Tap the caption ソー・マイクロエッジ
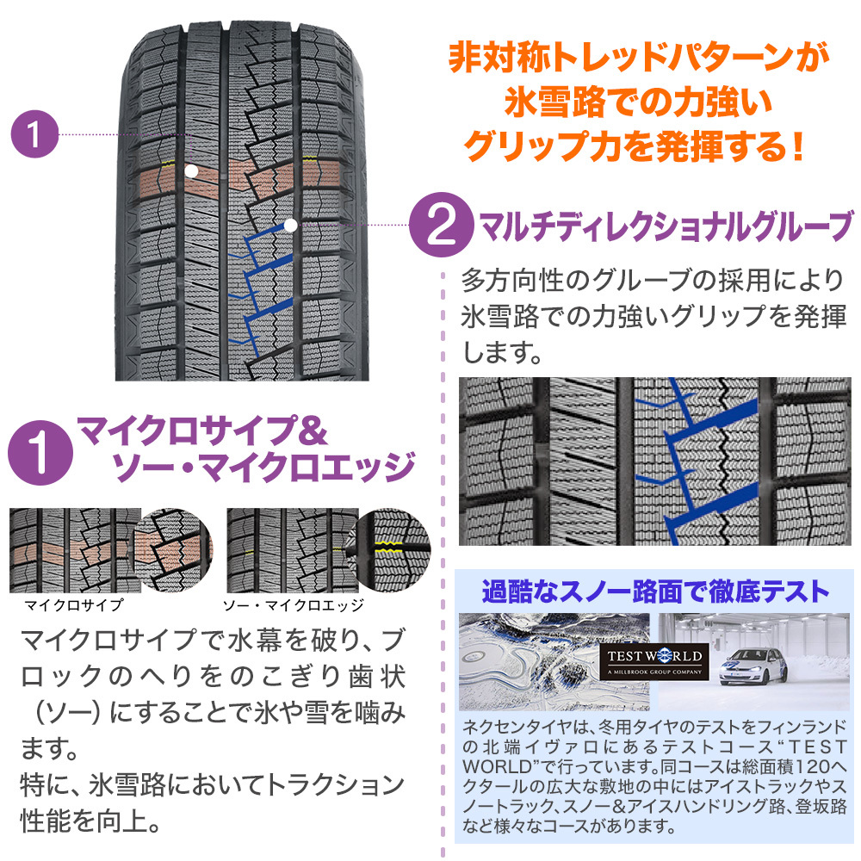(293, 604)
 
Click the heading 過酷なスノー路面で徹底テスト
(655, 592)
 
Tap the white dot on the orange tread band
(191, 172)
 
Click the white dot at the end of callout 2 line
(290, 226)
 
